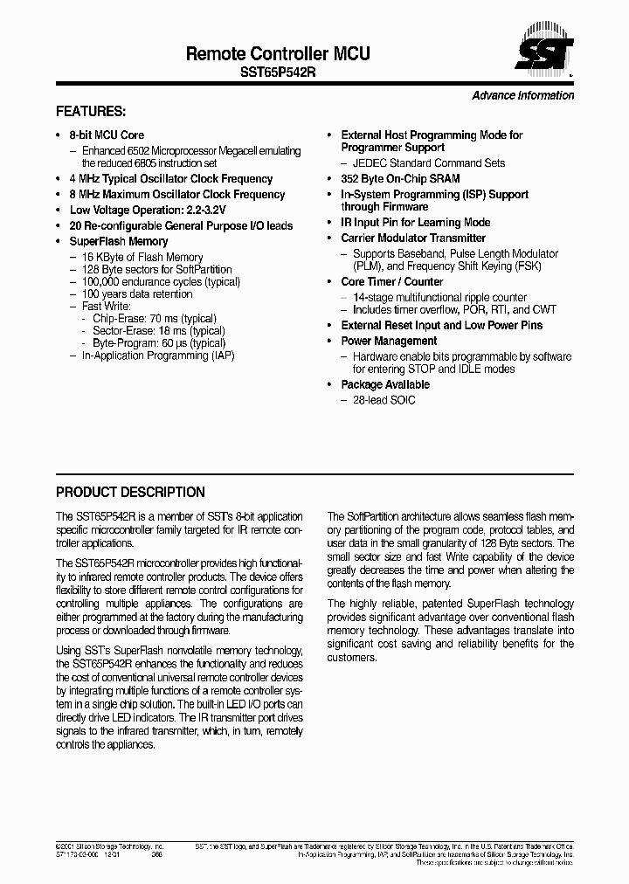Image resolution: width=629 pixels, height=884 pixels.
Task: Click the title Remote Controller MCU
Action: (x=278, y=54)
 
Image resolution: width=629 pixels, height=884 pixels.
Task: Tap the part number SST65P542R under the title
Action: (x=278, y=74)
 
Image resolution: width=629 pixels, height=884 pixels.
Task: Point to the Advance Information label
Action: (x=522, y=95)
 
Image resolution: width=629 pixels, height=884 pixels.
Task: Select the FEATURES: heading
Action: (x=91, y=112)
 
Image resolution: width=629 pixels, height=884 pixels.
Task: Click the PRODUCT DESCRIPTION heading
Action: (x=130, y=492)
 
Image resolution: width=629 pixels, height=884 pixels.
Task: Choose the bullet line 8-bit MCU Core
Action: (x=106, y=135)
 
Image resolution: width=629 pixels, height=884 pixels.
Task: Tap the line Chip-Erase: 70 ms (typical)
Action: (x=154, y=319)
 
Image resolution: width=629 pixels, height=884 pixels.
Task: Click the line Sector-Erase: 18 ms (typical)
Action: (x=159, y=331)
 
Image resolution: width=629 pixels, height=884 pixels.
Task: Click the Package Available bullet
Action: (x=384, y=384)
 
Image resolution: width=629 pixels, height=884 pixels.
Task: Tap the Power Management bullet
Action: (x=388, y=341)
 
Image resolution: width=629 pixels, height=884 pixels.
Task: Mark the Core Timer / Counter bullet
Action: (x=391, y=281)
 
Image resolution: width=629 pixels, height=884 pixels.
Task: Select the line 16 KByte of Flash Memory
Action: (x=142, y=258)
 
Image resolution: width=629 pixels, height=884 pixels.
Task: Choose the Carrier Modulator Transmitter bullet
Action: (x=412, y=238)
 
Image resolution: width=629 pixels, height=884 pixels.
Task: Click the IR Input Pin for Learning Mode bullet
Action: (x=415, y=223)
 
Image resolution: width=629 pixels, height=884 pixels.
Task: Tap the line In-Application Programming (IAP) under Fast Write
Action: (x=157, y=356)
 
